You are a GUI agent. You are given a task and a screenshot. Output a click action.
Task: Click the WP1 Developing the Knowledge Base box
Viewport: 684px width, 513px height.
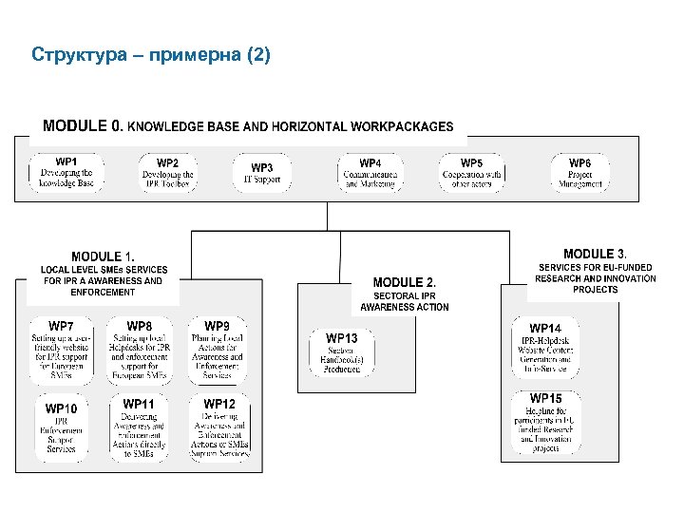point(66,172)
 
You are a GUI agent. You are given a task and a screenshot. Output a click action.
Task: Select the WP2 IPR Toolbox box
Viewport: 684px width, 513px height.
point(167,172)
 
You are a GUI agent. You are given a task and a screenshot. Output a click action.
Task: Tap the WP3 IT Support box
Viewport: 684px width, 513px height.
point(262,173)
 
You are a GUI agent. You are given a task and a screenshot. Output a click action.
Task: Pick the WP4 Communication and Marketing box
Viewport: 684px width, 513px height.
point(370,172)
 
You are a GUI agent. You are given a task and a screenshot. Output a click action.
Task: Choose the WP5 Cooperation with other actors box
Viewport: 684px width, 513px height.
point(472,172)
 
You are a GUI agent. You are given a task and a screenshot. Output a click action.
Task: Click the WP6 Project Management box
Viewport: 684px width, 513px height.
point(579,172)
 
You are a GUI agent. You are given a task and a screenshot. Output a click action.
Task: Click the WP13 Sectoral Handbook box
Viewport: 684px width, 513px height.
point(342,352)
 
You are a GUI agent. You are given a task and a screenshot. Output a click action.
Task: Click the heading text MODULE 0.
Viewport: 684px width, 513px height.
point(84,125)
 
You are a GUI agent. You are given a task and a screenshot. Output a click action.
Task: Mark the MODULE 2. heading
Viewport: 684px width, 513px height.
point(405,282)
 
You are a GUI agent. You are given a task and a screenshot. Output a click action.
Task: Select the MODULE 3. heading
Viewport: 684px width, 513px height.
point(596,254)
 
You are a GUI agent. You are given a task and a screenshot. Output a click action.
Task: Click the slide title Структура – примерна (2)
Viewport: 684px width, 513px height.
point(151,54)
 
